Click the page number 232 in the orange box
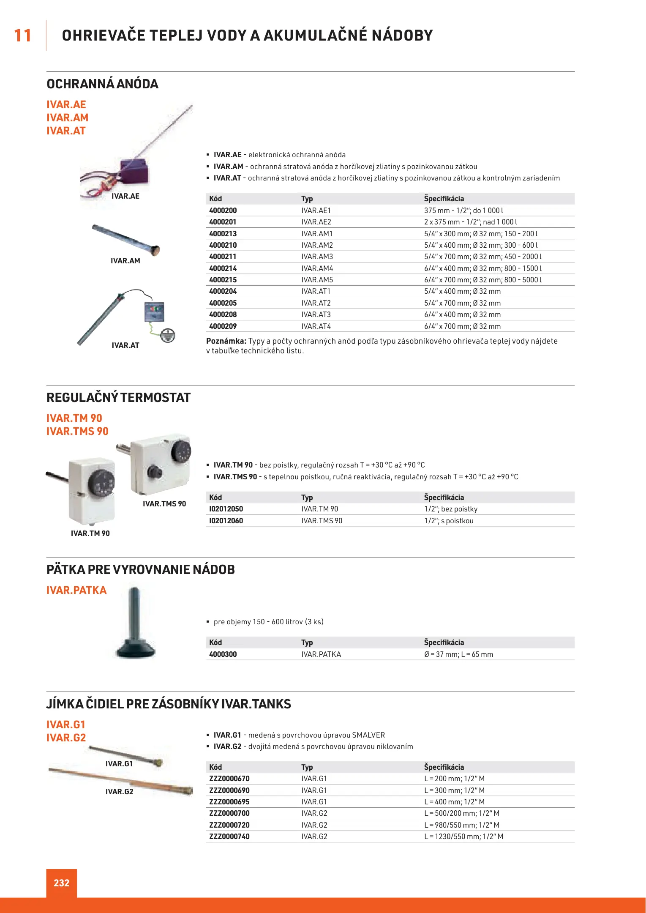[x=61, y=883]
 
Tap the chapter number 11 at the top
[x=23, y=36]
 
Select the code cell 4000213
[x=223, y=234]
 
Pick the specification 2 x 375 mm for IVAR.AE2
[x=470, y=222]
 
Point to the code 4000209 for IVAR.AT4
[x=223, y=326]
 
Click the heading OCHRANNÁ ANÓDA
[x=102, y=84]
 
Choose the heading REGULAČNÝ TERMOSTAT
[x=118, y=398]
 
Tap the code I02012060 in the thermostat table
[x=226, y=521]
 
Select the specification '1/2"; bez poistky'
[x=451, y=509]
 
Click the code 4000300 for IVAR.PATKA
[x=223, y=654]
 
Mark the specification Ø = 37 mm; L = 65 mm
[x=458, y=654]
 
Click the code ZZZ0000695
[x=229, y=802]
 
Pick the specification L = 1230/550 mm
[x=463, y=836]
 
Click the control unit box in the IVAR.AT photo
[x=154, y=312]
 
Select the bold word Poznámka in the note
[x=226, y=341]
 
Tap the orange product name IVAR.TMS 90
[x=77, y=431]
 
